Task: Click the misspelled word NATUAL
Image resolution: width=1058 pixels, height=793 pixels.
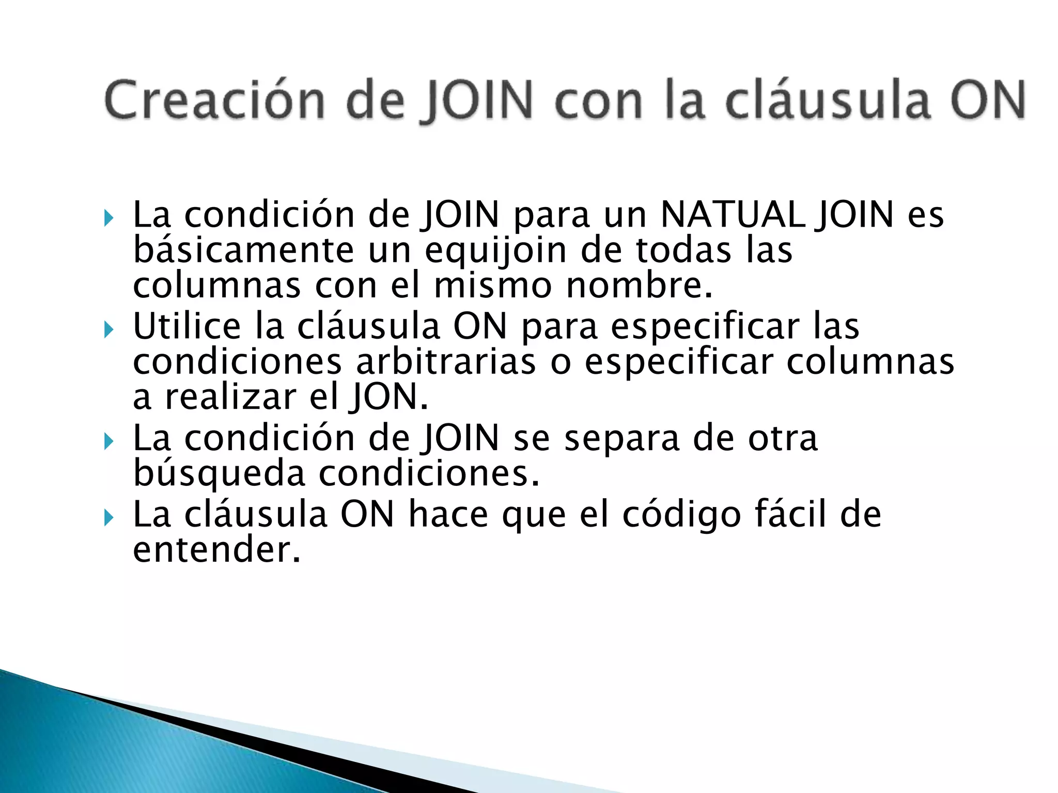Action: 733,214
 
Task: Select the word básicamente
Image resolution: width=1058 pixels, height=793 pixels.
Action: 243,250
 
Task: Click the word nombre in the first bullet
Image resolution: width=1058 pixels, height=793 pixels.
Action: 639,285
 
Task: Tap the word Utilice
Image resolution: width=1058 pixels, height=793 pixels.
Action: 187,326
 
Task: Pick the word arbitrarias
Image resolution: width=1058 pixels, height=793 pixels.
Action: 446,361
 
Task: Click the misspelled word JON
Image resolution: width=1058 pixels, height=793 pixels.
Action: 388,397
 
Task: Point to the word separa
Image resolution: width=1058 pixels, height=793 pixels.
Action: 621,438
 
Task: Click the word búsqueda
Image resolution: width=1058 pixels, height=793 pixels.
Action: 219,474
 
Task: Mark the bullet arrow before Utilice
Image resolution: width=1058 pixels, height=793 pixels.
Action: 108,329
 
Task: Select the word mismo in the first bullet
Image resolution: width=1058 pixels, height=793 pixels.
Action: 493,285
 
